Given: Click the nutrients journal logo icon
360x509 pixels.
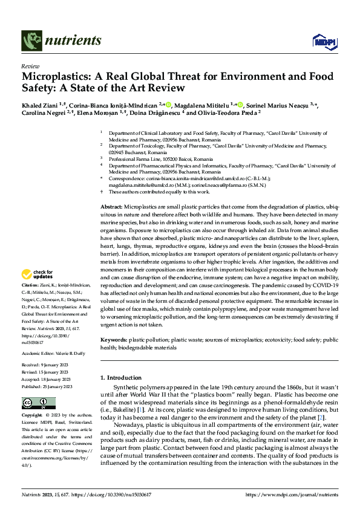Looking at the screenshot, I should [x=30, y=41].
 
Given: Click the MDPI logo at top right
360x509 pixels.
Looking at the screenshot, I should [x=321, y=41].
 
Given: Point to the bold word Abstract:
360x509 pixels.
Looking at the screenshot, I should [x=113, y=207].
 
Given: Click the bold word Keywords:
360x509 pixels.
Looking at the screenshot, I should [x=115, y=341].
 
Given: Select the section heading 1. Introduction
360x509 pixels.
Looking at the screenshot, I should [x=120, y=378].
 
